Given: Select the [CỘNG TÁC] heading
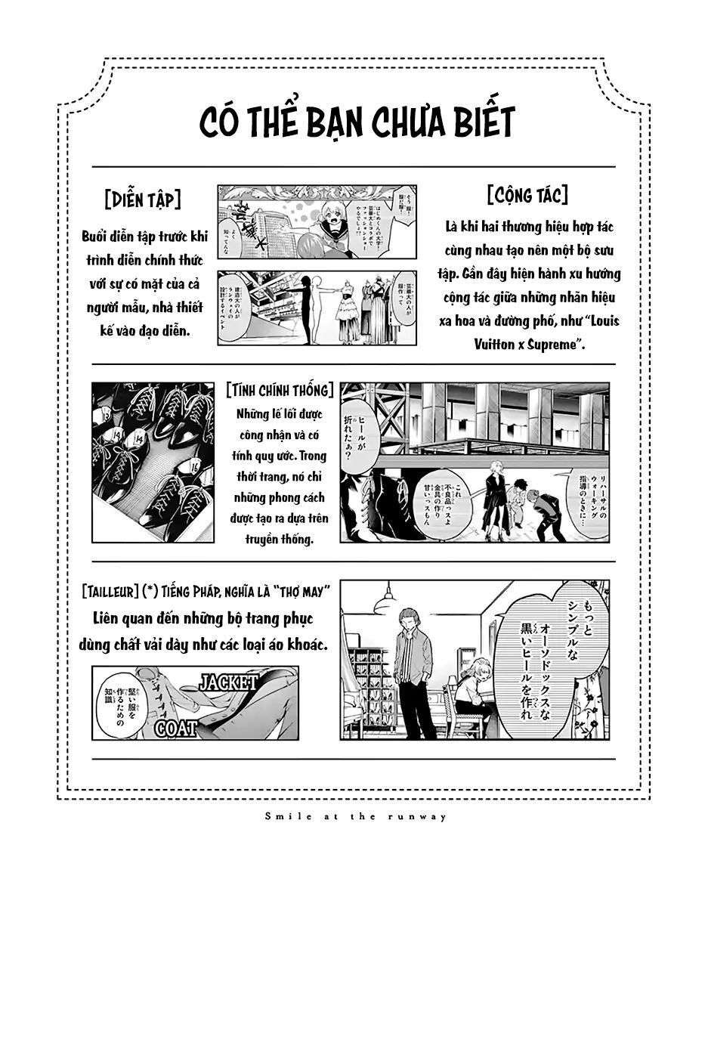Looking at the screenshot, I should (527, 196).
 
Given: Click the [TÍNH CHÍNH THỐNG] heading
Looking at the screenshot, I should (280, 390).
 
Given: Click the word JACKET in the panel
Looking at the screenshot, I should (227, 682).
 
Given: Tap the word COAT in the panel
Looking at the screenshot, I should (175, 729).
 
